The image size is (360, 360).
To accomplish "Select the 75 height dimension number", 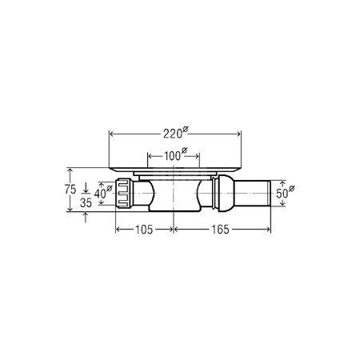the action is click(70, 190).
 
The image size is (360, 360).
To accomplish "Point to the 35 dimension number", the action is click(86, 203).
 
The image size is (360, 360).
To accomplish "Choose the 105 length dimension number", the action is click(144, 230).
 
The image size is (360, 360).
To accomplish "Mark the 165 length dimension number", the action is click(220, 230).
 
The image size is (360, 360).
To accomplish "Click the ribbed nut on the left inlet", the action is click(124, 193).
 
